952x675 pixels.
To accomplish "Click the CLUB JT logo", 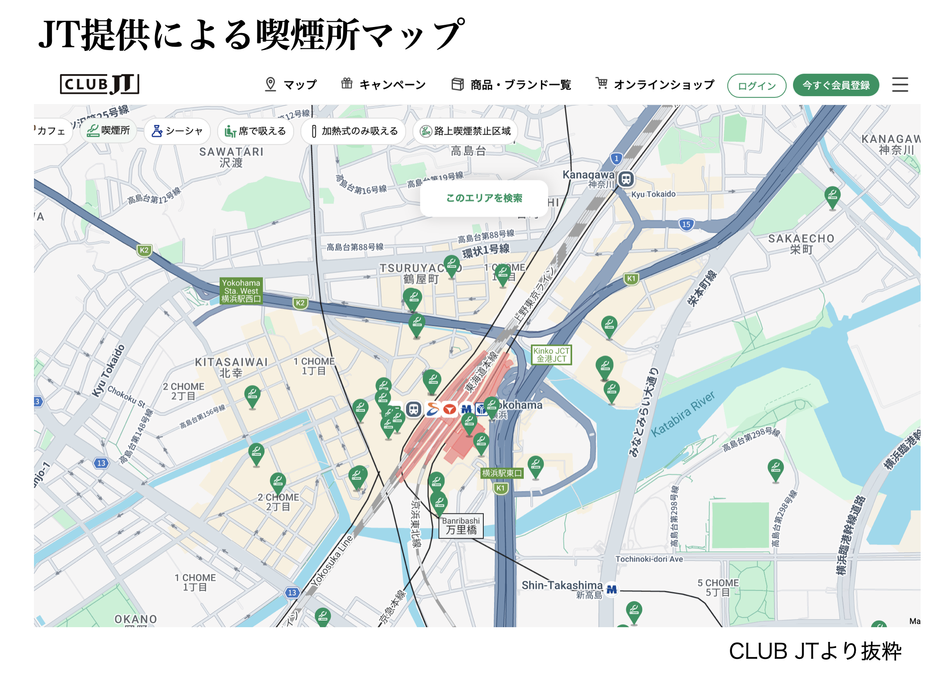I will (99, 84).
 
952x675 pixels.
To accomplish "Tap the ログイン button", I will (756, 85).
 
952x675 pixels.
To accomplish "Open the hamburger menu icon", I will (900, 84).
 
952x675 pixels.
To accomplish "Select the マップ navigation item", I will (291, 84).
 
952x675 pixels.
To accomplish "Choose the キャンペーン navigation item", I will (383, 84).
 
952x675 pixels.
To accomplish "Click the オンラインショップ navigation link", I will (655, 84).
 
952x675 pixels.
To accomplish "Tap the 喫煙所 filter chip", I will (108, 131).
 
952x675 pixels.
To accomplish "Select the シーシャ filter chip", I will (177, 131).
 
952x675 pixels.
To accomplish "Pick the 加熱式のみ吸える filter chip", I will (354, 131).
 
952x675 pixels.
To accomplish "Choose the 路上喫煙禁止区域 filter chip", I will (465, 131).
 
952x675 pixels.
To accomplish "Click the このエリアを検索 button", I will (484, 198).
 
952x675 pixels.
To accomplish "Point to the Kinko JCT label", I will (551, 355).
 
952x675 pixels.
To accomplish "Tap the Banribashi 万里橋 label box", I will (461, 526).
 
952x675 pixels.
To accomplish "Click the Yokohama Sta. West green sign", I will (241, 290).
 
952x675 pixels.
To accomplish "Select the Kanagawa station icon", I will (626, 179).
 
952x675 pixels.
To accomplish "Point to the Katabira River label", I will (683, 414).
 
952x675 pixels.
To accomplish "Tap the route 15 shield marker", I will (686, 224).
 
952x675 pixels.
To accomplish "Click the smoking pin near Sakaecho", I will (832, 196).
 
